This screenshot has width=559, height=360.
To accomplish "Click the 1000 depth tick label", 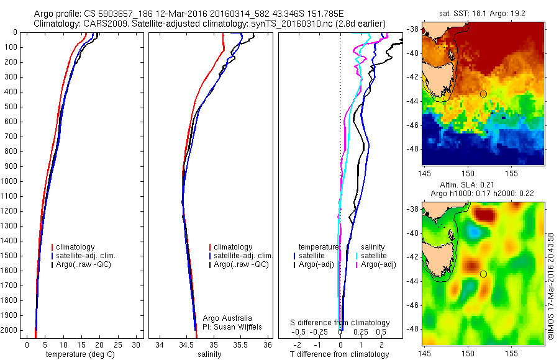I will [10, 181].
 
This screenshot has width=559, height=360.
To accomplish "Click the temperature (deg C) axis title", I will [81, 354].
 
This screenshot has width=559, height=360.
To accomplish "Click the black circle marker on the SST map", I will [483, 94].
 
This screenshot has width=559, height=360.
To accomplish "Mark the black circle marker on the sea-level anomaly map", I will [483, 274].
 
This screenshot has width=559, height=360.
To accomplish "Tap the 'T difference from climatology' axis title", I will [340, 354].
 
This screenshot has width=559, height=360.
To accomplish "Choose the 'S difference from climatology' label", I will [340, 323].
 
